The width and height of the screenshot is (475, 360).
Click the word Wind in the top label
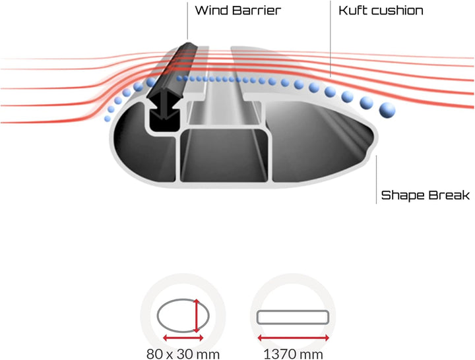[212, 11]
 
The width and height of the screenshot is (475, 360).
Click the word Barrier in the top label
[257, 11]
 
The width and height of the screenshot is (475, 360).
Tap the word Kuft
[352, 11]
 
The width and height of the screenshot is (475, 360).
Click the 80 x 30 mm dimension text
[183, 353]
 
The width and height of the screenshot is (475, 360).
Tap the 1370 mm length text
[293, 353]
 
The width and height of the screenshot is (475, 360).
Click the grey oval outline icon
[157, 316]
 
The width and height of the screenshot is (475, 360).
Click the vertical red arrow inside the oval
[197, 316]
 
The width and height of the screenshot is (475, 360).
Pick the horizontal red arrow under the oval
[183, 338]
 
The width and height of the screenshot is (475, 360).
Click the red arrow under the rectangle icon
[293, 338]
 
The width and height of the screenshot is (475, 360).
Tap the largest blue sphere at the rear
[387, 110]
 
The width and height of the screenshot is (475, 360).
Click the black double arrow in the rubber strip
[165, 105]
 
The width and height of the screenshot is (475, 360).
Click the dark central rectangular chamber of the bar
[224, 156]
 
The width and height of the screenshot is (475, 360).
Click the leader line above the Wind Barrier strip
[187, 20]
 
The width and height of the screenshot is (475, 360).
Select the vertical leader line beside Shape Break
[376, 179]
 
